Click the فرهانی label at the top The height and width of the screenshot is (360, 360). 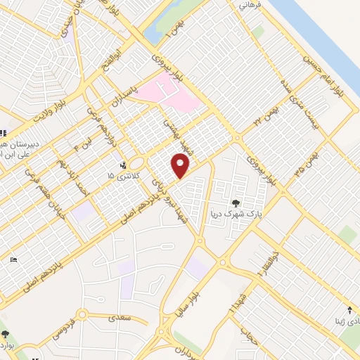[x=250, y=6]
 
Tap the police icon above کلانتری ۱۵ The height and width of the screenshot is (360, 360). [x=124, y=166]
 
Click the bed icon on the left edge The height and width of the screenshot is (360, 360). [x=15, y=259]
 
